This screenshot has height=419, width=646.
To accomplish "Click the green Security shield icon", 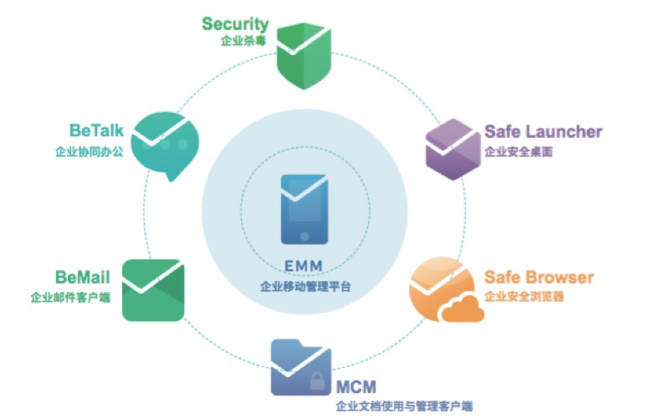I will (303, 57).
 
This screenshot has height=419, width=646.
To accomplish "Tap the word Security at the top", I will (235, 23).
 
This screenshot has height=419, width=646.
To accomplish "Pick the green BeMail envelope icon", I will (153, 289).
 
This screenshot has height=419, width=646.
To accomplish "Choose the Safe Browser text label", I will (539, 278).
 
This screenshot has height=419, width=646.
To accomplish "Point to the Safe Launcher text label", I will (543, 132).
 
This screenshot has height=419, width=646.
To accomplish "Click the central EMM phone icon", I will (304, 210).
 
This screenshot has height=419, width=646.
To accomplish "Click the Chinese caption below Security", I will (237, 41).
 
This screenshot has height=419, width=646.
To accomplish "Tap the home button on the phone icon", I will (304, 234).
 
